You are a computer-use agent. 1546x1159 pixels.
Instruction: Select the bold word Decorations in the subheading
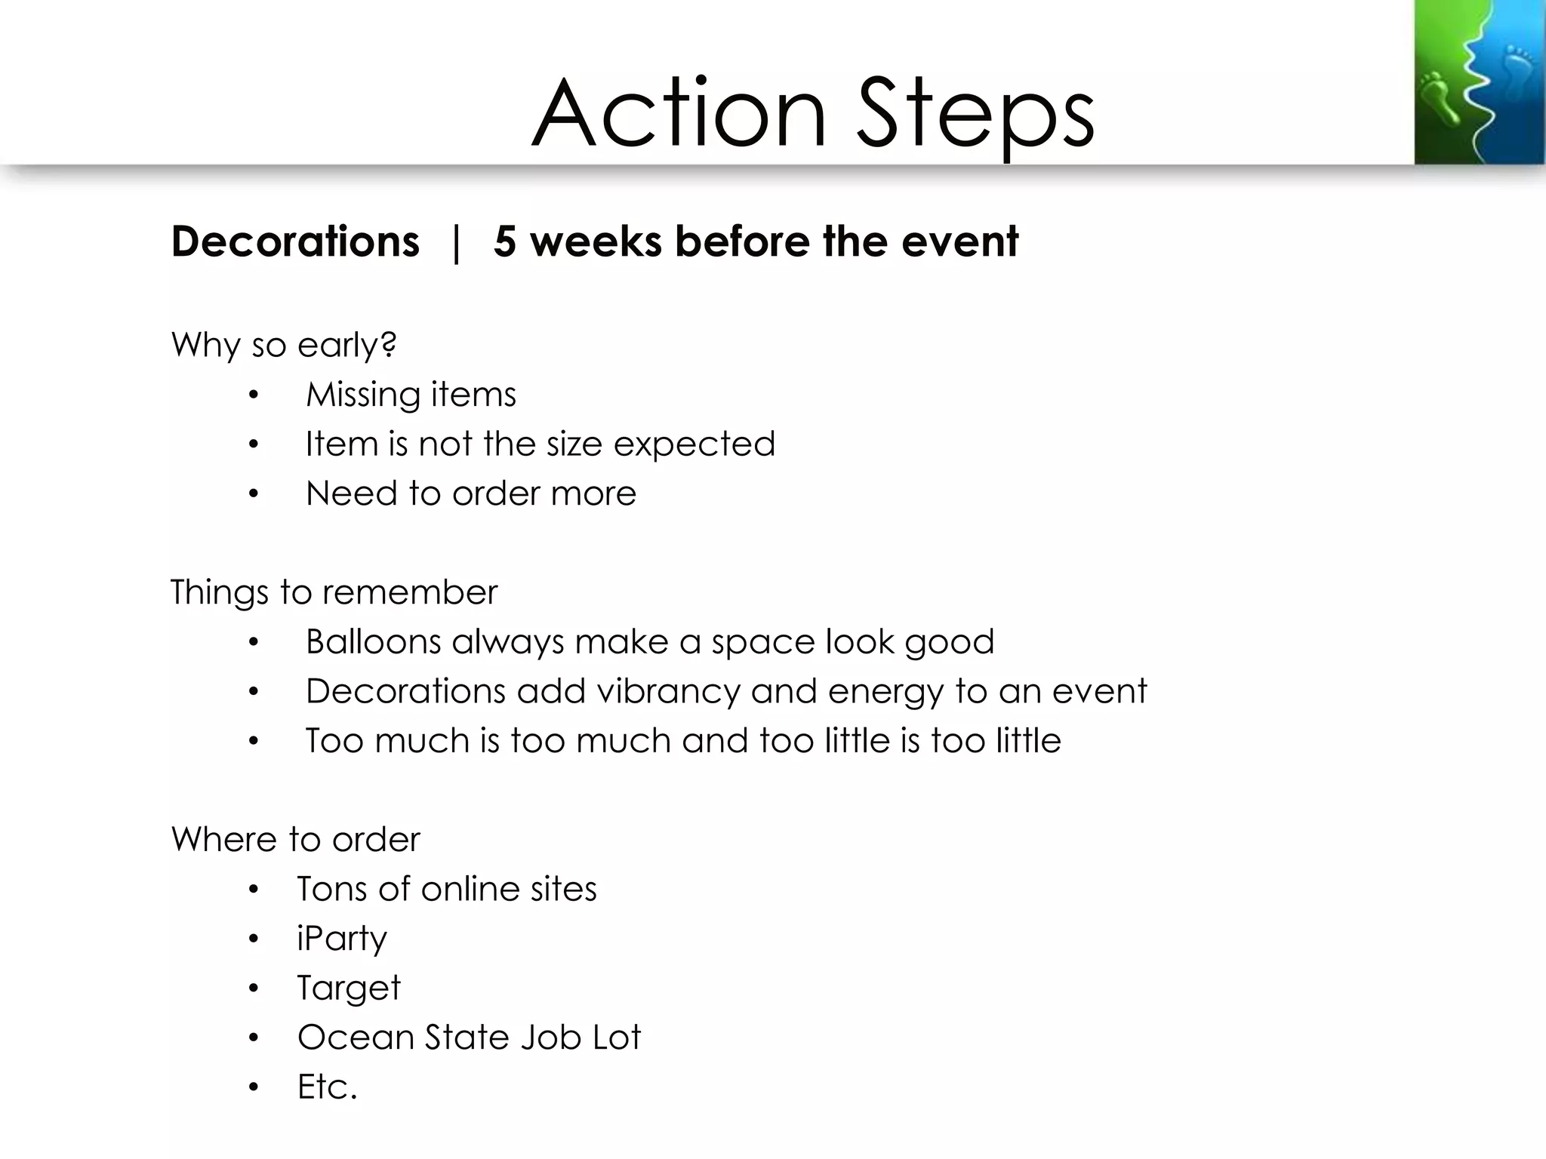tap(295, 241)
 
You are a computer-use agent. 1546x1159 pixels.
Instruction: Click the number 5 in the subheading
tap(505, 241)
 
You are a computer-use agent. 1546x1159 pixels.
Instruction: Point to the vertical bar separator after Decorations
tap(455, 243)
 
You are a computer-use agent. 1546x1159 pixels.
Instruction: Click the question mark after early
tap(388, 344)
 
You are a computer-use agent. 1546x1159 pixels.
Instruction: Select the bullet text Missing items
tap(411, 395)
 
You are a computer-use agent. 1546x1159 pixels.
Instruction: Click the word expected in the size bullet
tap(694, 444)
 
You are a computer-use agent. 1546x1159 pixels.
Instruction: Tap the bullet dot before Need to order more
tap(254, 494)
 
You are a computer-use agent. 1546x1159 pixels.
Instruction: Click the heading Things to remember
tap(334, 592)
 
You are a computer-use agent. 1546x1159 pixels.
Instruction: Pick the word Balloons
tap(373, 641)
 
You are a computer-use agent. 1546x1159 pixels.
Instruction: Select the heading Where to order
tap(295, 839)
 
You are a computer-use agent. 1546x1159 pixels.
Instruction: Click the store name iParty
tap(341, 939)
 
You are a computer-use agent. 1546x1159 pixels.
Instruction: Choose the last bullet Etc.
tap(326, 1087)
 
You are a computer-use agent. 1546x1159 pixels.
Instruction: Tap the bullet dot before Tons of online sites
tap(254, 890)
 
